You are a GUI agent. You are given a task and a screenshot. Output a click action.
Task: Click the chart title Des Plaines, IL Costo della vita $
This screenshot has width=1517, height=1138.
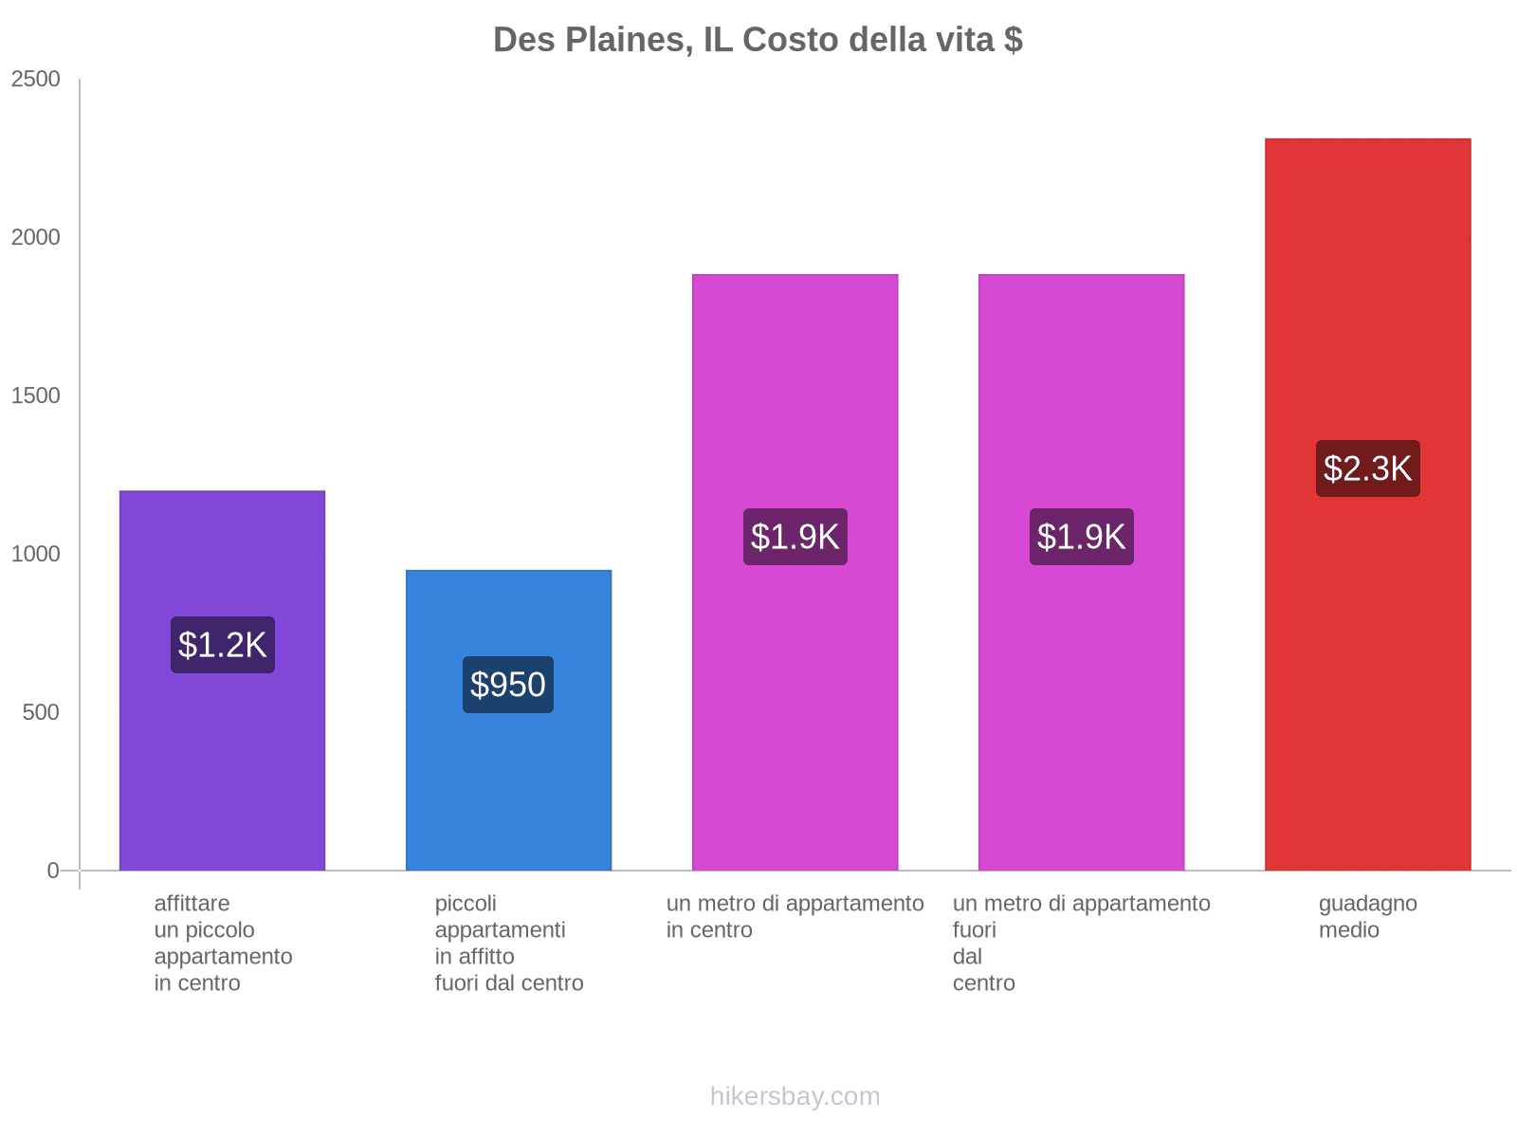click(x=758, y=40)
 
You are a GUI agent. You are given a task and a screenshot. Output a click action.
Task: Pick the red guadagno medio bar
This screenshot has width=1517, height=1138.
click(x=1367, y=664)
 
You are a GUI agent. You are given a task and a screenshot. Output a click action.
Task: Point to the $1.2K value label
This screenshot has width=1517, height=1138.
click(x=223, y=645)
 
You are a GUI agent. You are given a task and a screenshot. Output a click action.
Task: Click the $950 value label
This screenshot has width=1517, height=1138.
click(x=508, y=685)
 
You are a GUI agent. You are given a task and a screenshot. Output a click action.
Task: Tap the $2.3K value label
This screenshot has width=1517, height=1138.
click(x=1367, y=468)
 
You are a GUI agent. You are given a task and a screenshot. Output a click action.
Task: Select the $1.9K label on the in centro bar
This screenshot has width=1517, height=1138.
click(x=795, y=537)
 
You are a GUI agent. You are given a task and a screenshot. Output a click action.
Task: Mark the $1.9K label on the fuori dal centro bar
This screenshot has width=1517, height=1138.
click(x=1081, y=537)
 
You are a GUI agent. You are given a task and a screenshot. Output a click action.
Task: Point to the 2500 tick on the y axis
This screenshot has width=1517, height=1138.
click(x=36, y=79)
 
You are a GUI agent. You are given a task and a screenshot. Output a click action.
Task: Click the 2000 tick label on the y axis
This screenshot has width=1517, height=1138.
click(x=36, y=237)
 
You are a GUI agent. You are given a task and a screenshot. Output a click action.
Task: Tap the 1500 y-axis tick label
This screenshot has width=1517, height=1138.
click(x=36, y=395)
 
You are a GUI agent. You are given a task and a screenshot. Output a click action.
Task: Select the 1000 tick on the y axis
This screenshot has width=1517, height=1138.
click(x=36, y=554)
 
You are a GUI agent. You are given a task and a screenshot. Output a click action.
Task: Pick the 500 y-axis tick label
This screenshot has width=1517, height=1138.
click(x=42, y=712)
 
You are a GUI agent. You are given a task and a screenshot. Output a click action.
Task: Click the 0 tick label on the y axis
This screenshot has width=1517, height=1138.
click(x=53, y=871)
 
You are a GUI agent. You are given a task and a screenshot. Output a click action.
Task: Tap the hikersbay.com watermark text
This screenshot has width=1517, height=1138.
click(x=795, y=1096)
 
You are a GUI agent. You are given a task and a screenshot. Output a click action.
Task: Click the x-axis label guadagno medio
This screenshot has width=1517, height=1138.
click(x=1367, y=916)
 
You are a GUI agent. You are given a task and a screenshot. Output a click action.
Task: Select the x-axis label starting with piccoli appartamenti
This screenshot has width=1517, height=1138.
click(x=508, y=943)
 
